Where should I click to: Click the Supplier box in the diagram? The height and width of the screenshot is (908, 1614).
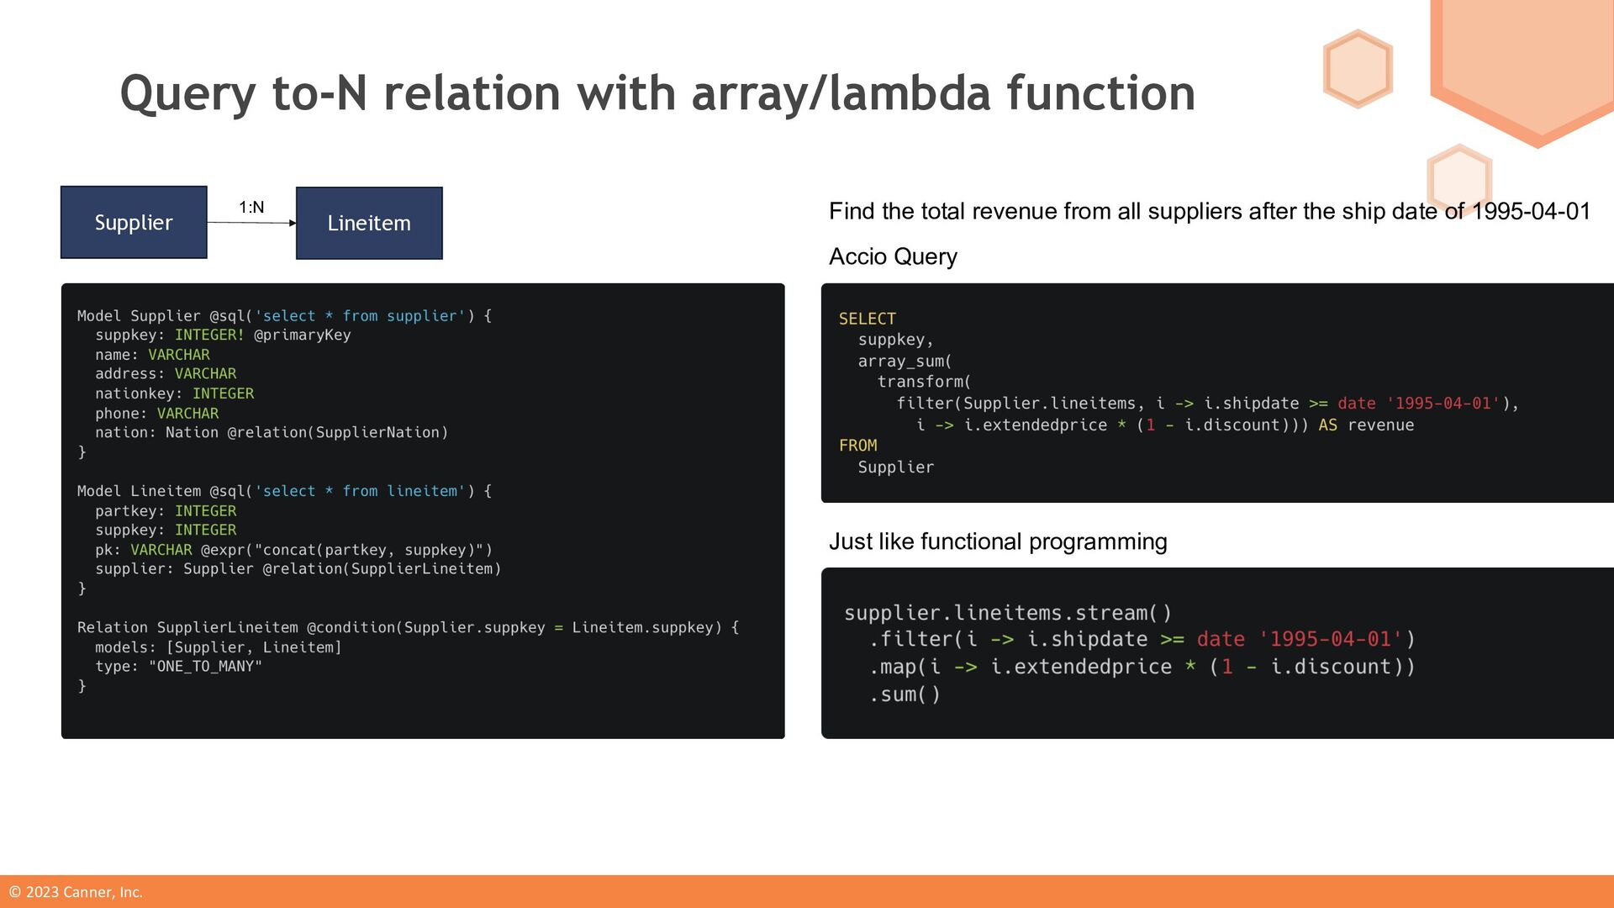pos(134,223)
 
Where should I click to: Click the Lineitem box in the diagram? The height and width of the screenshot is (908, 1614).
pos(369,224)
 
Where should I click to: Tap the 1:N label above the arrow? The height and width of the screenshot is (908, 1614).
pos(251,208)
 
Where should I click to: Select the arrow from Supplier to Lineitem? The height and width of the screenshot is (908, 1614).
pos(251,223)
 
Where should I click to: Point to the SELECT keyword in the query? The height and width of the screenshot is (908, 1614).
pos(867,319)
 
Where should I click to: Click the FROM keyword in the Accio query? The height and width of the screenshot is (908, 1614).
pos(857,446)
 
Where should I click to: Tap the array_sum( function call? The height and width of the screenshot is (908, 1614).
pos(905,362)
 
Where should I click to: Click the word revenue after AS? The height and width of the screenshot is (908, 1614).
pos(1380,425)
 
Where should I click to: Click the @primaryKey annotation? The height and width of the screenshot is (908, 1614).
pos(302,335)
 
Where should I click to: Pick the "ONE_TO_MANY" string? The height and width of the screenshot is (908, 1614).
pos(205,667)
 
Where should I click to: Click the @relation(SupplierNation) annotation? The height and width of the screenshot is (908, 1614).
pos(337,433)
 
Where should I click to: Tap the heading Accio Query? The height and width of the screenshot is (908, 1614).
pos(893,256)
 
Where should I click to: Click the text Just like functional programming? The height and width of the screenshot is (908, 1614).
pos(998,541)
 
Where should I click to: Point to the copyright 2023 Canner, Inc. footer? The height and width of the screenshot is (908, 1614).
pos(76,892)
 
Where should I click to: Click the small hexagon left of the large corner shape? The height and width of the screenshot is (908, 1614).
pos(1358,69)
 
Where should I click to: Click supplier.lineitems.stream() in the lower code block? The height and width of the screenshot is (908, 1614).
pos(1007,613)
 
